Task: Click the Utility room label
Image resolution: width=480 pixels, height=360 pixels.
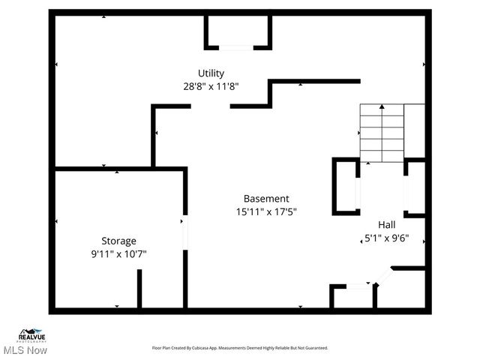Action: tap(211, 73)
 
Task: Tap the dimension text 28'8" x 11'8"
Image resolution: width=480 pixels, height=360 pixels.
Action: tap(211, 85)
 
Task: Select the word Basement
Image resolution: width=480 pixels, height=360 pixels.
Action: tap(266, 199)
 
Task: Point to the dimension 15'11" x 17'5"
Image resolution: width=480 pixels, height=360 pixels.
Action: tap(266, 211)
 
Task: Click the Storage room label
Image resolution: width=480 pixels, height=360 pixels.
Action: tap(119, 241)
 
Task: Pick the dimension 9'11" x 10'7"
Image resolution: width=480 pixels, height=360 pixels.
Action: tap(119, 253)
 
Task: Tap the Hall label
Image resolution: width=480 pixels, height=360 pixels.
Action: tap(386, 224)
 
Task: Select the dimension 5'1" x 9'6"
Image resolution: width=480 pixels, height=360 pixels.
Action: tap(386, 239)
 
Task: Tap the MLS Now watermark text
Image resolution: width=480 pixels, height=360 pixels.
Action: tap(25, 350)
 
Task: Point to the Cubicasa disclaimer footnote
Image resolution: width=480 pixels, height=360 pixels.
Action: tap(240, 348)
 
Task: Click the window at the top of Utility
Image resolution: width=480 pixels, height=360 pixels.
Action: tap(236, 48)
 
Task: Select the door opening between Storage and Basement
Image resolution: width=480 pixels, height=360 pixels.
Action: tap(184, 231)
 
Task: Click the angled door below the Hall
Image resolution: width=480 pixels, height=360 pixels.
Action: tap(383, 277)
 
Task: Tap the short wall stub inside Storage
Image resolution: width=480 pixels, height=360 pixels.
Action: tap(139, 288)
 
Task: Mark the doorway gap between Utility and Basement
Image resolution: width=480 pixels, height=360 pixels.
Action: tap(210, 106)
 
